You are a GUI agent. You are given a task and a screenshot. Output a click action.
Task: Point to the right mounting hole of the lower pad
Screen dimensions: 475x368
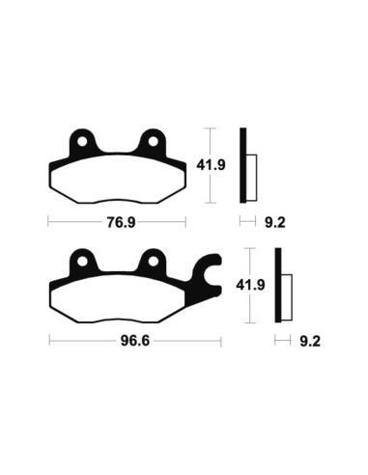click(x=152, y=261)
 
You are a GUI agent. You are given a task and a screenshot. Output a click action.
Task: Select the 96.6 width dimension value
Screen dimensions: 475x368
click(x=120, y=341)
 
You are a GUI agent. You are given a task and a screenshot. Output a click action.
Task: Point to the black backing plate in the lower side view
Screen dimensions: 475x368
click(x=278, y=285)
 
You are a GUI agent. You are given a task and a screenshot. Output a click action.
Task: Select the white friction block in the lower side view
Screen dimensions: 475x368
click(x=287, y=291)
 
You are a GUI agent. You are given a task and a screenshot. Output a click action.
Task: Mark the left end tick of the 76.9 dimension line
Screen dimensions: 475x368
click(x=48, y=221)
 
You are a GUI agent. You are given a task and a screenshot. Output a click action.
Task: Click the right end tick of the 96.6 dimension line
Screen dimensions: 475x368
click(x=223, y=341)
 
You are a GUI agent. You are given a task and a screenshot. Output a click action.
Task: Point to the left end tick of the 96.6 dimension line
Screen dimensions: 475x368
click(x=48, y=341)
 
